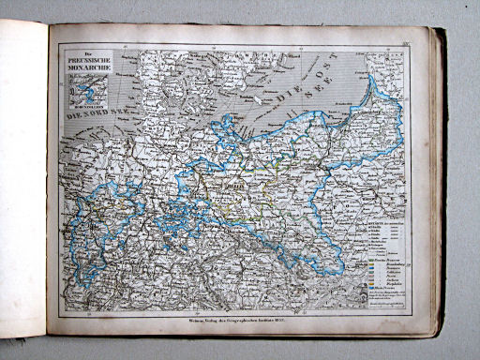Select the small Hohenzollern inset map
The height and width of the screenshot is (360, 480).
[94, 91]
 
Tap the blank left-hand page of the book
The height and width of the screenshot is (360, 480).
[23, 178]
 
